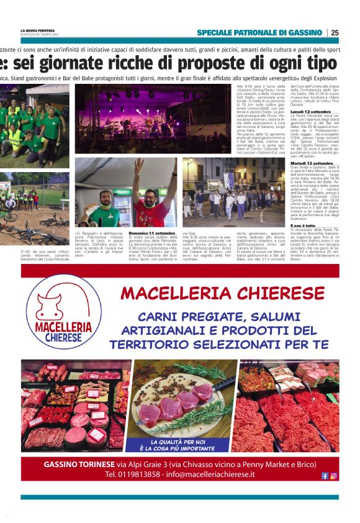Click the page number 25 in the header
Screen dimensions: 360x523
coord(335,32)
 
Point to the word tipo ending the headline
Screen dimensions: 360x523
coord(319,63)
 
